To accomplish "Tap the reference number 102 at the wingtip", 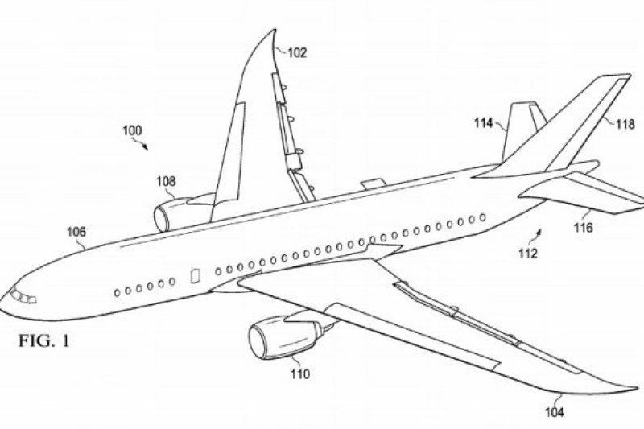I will [x=297, y=54].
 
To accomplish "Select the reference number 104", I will [x=555, y=413].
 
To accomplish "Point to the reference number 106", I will [x=76, y=232].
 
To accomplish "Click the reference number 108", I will [x=167, y=181].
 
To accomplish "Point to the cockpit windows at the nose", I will [x=22, y=296].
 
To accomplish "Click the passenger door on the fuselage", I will [x=193, y=275].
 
